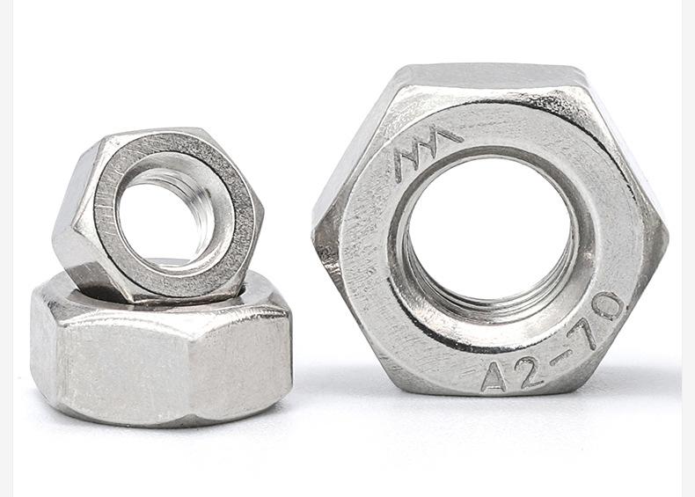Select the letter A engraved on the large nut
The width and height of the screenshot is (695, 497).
(x=494, y=376)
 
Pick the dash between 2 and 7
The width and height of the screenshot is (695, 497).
(x=559, y=360)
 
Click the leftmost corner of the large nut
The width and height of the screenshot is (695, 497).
(x=314, y=234)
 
